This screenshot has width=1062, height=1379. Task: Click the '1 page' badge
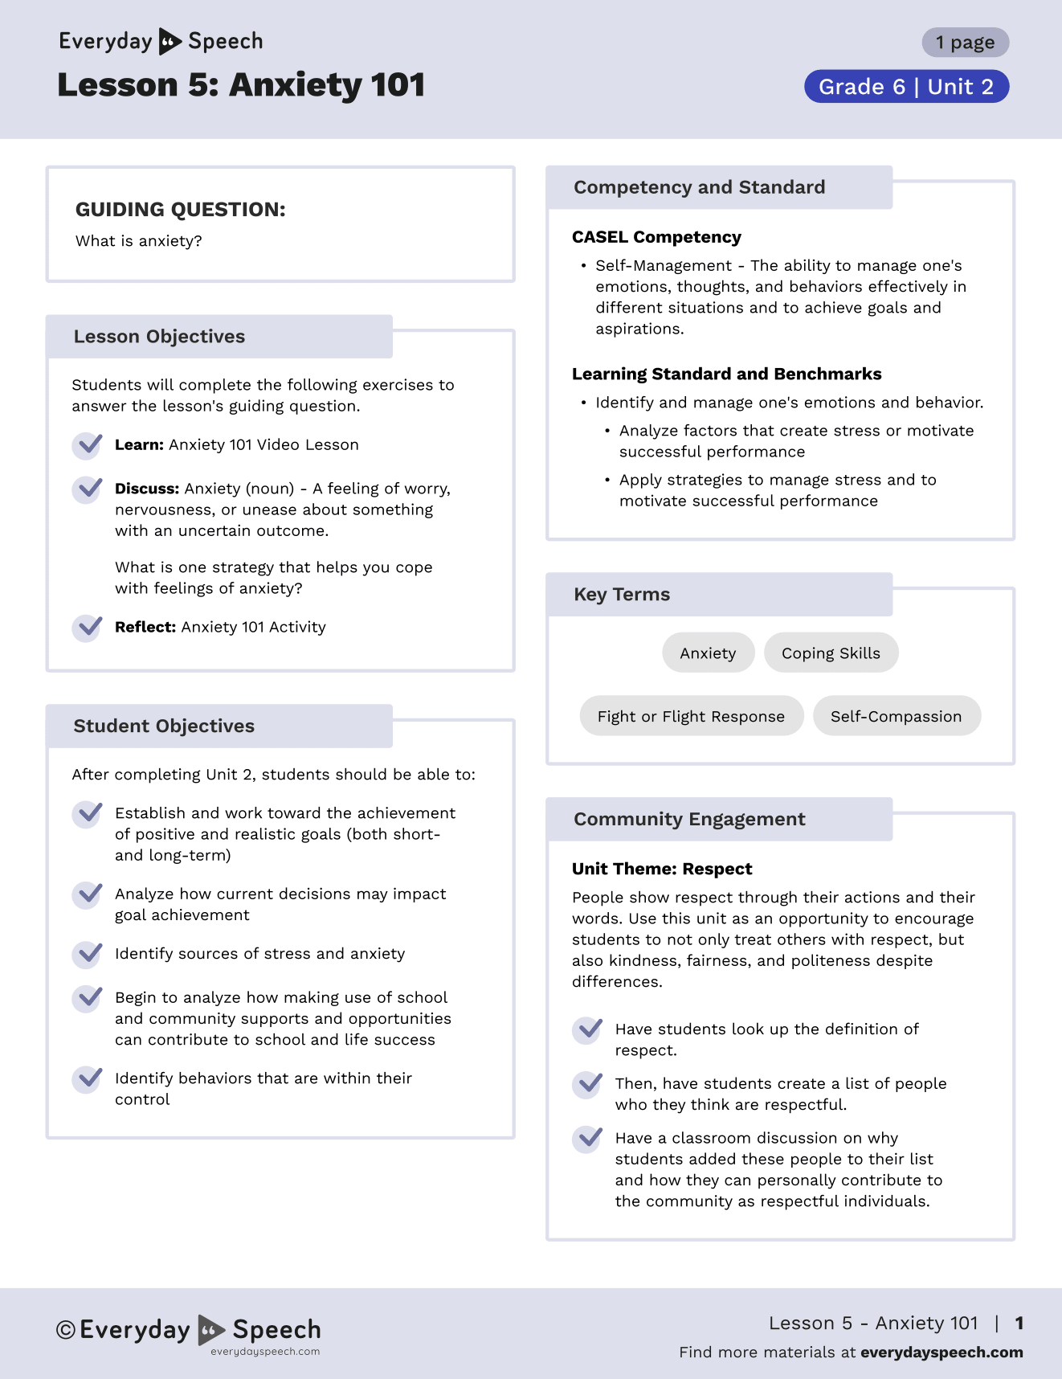coord(965,43)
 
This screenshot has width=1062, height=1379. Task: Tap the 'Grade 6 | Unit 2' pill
coord(906,87)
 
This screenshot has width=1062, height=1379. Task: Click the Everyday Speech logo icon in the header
coord(170,41)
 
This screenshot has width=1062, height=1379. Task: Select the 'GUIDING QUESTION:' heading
coord(180,210)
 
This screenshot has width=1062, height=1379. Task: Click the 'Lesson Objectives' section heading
coord(159,337)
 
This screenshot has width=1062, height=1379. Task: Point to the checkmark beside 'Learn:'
coord(88,445)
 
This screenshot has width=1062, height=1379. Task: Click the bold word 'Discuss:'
coord(147,489)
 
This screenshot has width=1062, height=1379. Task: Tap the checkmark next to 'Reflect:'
coord(88,628)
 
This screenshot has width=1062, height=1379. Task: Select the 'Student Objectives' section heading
coord(164,726)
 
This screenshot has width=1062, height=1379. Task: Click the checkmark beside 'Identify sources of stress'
coord(88,954)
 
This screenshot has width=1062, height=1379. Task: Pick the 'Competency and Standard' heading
coord(699,187)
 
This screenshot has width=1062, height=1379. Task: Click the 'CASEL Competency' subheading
coord(656,237)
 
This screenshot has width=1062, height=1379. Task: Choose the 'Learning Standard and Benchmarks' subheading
coord(726,374)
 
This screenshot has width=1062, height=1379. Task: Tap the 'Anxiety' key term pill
coord(708,653)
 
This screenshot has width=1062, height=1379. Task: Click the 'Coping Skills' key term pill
coord(831,653)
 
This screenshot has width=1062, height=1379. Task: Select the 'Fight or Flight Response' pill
coord(691,716)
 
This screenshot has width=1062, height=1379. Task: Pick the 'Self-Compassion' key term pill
coord(896,716)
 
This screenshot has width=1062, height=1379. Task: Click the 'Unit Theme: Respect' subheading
coord(662,869)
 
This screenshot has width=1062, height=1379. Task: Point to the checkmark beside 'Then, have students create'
coord(589,1084)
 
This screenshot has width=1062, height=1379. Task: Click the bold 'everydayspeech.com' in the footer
coord(942,1352)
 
